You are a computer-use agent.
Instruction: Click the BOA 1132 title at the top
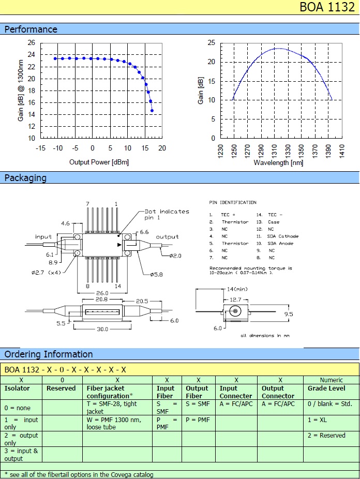click(328, 8)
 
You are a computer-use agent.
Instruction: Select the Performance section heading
click(31, 29)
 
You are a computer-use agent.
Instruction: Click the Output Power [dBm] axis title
click(99, 162)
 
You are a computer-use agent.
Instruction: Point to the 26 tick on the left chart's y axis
click(32, 43)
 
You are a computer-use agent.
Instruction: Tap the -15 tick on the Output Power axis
click(40, 148)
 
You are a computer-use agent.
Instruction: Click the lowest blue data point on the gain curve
click(152, 111)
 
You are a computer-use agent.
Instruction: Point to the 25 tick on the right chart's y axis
click(212, 42)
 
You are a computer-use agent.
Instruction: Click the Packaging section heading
click(25, 178)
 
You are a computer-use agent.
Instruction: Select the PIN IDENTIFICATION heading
click(232, 202)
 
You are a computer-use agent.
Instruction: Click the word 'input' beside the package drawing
click(43, 237)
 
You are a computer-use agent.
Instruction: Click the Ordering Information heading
click(49, 354)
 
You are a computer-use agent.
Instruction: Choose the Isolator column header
click(17, 388)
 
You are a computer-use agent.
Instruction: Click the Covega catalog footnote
click(79, 474)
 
